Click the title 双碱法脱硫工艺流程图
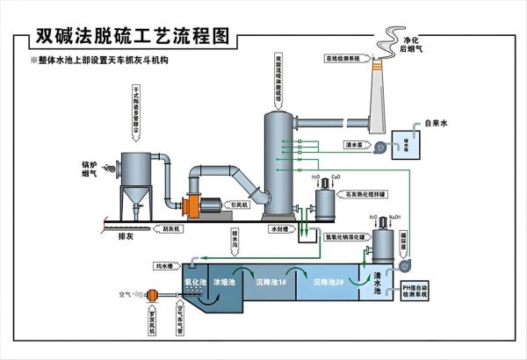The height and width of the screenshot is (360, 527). click(132, 36)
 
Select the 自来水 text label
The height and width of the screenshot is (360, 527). click(437, 123)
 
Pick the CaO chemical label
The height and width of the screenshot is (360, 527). click(338, 177)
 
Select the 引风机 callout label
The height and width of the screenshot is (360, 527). click(239, 205)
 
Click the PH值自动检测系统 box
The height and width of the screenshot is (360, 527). click(415, 291)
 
